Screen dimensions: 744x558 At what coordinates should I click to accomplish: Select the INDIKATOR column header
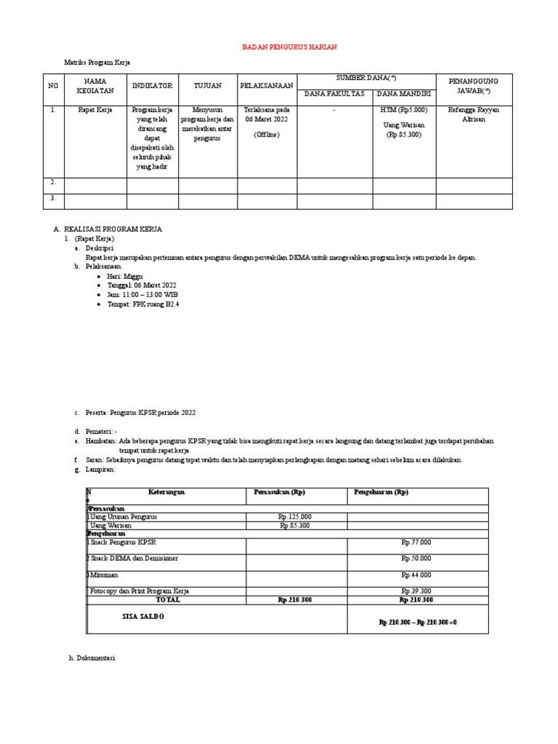coord(153,86)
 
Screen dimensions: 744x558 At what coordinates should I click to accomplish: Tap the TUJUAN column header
coord(208,86)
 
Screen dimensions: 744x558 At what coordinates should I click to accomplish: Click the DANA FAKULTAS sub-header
coord(334,94)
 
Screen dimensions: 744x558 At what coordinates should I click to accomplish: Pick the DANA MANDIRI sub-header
coord(403,94)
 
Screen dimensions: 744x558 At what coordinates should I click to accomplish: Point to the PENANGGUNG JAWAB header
coord(472,86)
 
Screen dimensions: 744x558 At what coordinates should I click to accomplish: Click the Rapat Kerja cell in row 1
coord(95,110)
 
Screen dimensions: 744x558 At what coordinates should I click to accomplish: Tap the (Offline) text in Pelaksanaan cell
coord(267,135)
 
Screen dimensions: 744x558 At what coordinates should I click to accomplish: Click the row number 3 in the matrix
coord(53,198)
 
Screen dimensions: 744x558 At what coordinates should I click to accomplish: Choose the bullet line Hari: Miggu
coord(125,277)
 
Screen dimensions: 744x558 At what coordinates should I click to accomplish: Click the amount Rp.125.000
coord(296,517)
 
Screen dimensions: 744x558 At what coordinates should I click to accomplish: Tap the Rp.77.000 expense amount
coord(416,542)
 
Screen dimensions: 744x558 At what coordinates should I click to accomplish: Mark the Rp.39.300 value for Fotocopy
coord(416,591)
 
